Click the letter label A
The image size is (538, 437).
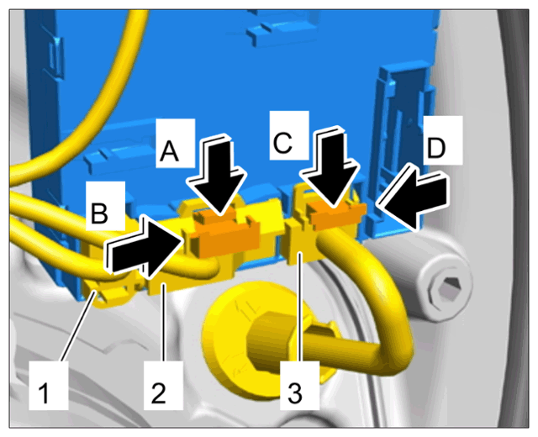[x=169, y=151]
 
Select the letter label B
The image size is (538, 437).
[x=99, y=213]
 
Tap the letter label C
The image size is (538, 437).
[x=282, y=142]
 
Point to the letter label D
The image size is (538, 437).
[x=436, y=148]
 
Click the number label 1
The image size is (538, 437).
[x=45, y=393]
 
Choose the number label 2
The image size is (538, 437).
[x=159, y=392]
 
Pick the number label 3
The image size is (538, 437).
[x=295, y=392]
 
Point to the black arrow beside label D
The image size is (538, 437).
[x=414, y=196]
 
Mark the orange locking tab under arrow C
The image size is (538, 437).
[x=337, y=213]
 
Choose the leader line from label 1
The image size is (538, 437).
[x=79, y=325]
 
